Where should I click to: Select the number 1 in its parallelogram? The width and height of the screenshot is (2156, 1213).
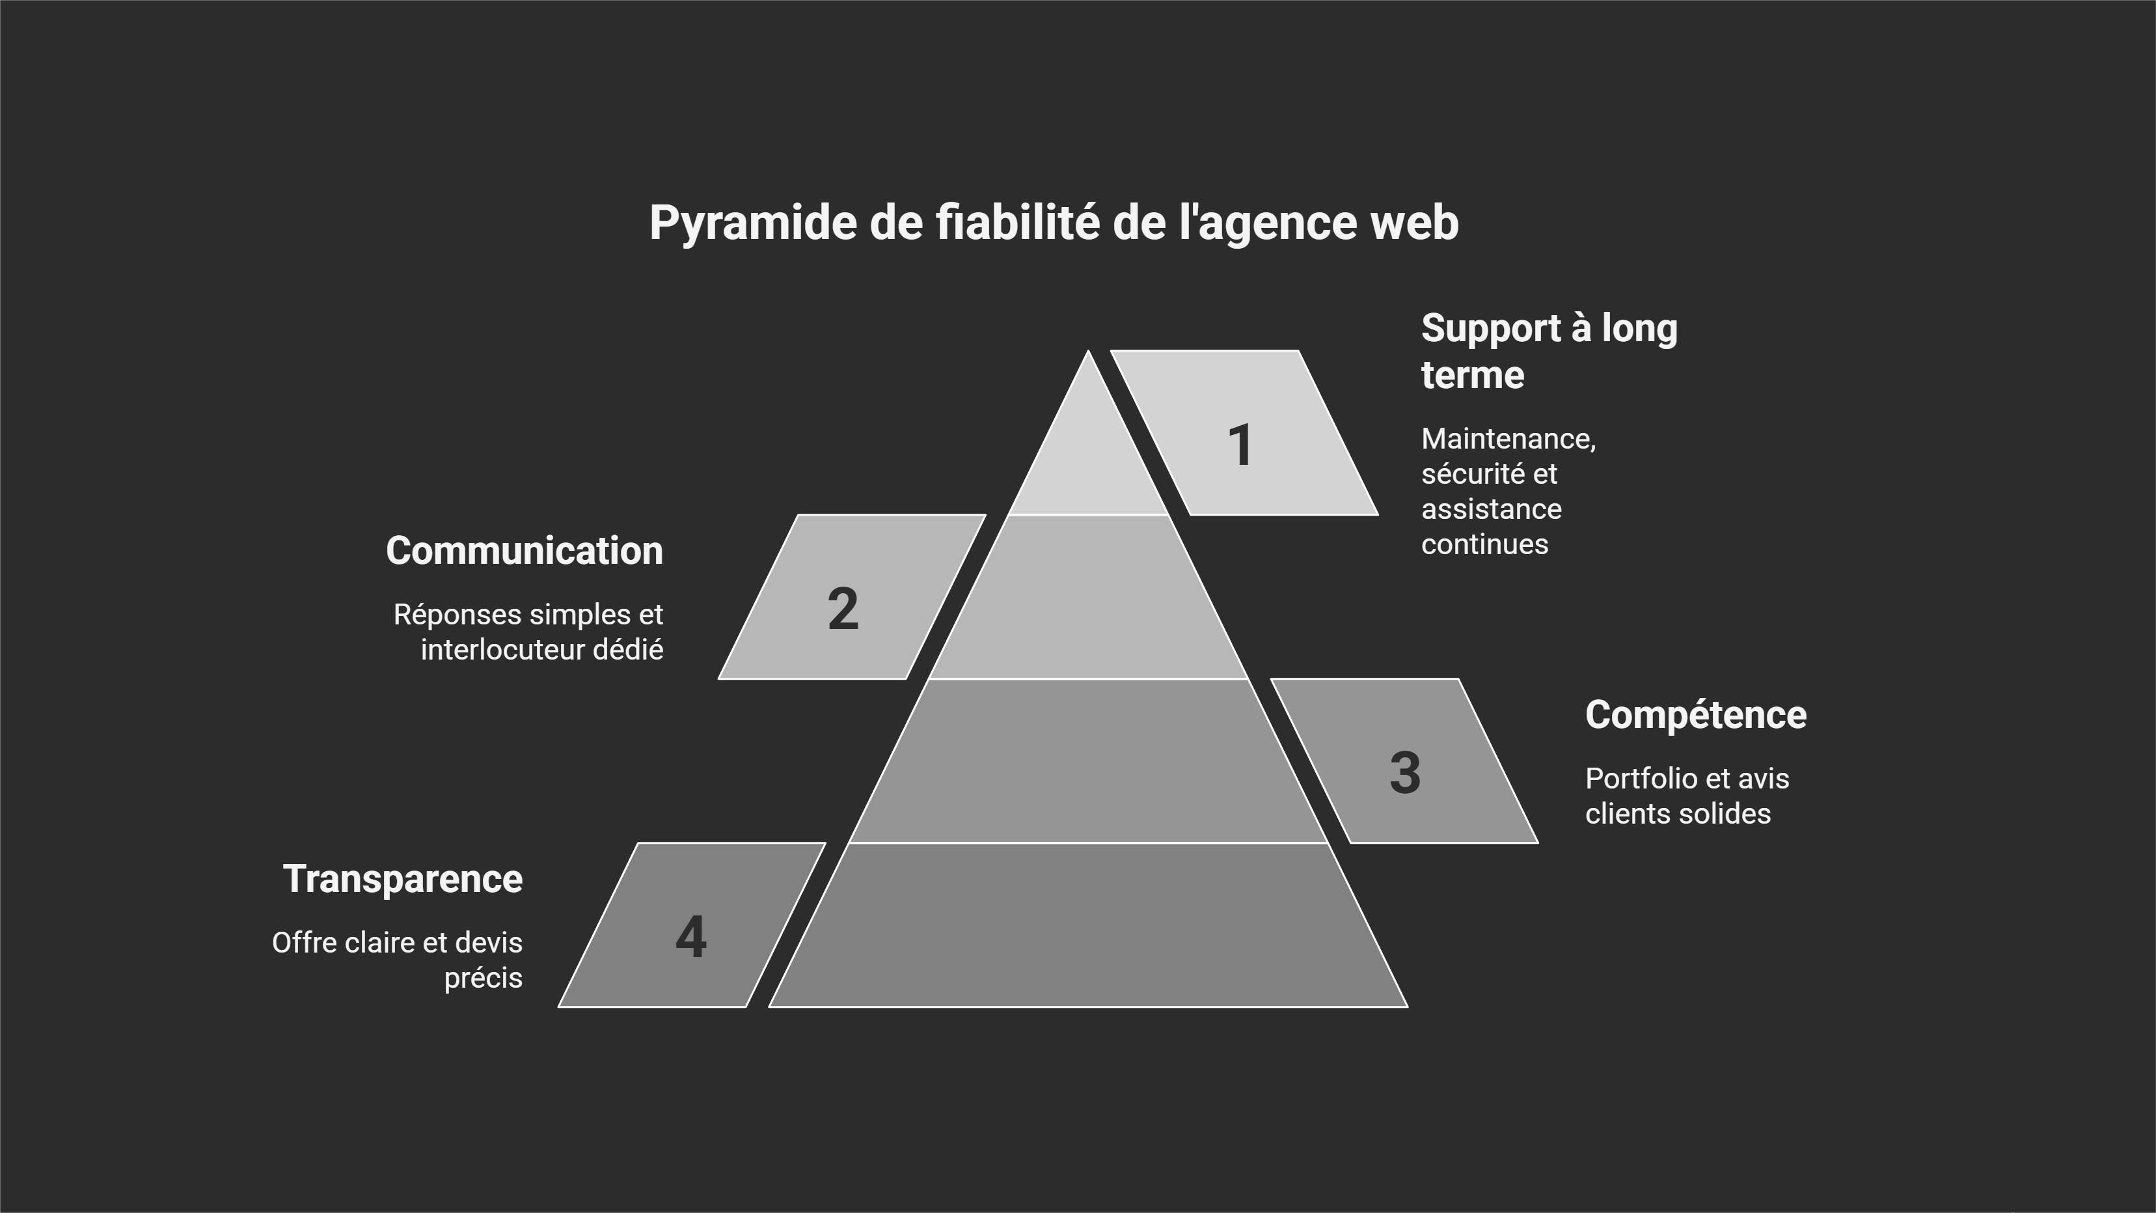1240,445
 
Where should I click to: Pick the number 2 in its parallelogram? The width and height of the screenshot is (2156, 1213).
843,609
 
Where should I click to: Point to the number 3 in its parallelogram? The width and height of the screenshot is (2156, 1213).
1404,773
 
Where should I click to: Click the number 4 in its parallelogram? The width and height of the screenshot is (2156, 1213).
690,937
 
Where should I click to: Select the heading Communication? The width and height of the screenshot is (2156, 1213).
524,551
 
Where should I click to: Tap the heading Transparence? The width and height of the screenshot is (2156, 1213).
403,879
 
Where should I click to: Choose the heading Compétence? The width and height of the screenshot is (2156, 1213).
1696,715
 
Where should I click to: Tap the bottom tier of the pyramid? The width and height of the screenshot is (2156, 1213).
1088,925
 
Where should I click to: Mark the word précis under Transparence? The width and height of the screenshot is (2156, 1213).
483,978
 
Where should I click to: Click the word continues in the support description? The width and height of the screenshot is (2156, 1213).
1485,544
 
